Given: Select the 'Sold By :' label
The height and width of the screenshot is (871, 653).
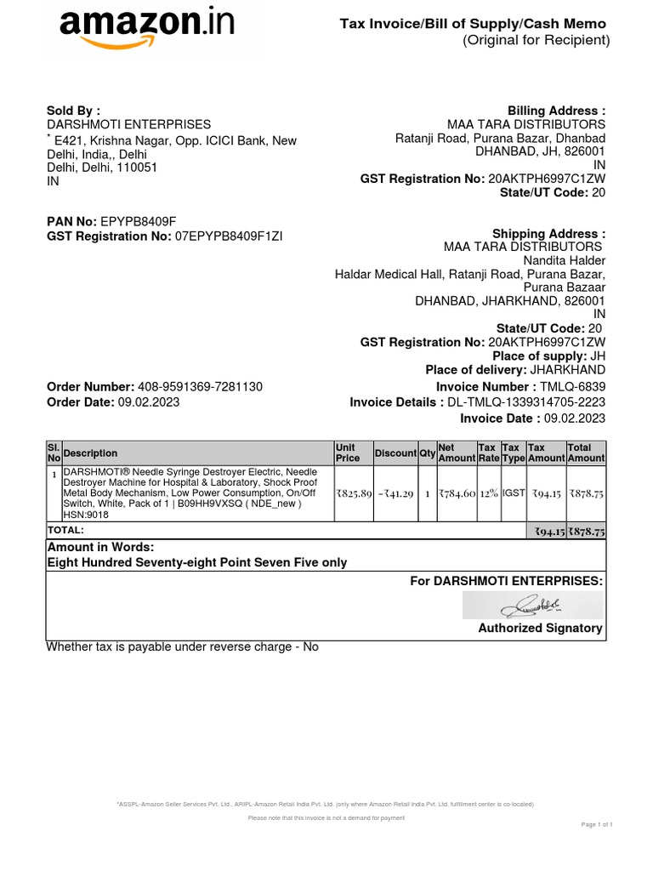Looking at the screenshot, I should point(73,111).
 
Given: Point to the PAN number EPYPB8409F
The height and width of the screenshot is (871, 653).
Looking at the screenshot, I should point(139,222).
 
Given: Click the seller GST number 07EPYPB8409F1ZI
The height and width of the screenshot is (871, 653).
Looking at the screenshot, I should point(229,236).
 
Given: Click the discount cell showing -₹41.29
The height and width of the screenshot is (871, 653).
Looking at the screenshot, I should point(395,492).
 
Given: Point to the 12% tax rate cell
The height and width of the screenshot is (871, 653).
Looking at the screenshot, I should point(488,492).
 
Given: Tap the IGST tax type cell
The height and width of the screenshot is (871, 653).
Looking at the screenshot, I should point(513,492).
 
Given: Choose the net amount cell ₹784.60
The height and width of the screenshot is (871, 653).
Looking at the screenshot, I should point(457,492).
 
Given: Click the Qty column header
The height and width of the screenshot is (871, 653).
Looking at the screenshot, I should point(427,453).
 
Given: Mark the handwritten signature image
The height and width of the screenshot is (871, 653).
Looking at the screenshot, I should point(533,606).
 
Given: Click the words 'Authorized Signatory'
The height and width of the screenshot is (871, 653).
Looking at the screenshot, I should point(540,629).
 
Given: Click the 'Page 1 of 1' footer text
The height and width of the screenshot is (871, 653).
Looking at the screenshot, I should point(597,824).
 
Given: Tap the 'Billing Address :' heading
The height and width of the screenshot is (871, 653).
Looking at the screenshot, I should point(556,111).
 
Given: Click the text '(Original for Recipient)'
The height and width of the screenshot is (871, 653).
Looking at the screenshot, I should point(536,41).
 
